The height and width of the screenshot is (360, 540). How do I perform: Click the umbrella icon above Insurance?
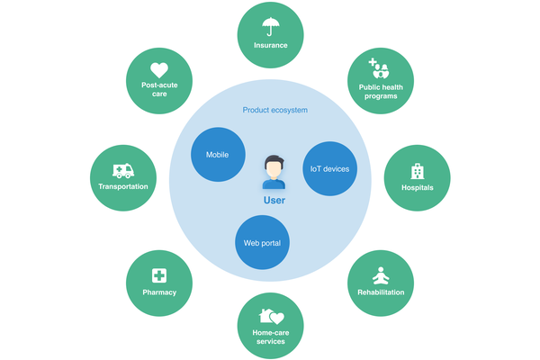click(x=270, y=26)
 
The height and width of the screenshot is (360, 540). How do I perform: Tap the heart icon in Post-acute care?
click(x=159, y=68)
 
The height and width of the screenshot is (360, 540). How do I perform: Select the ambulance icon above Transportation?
click(x=122, y=170)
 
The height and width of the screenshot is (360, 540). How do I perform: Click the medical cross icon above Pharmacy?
click(x=159, y=275)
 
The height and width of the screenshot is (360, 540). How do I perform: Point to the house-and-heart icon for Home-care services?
click(x=270, y=316)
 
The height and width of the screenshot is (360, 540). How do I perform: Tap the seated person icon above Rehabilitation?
click(x=380, y=274)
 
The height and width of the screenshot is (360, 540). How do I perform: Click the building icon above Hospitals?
click(x=418, y=170)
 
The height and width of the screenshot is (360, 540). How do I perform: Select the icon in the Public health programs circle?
click(x=380, y=68)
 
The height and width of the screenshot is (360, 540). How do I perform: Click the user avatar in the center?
click(x=274, y=171)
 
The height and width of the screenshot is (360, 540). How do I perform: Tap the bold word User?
click(x=274, y=201)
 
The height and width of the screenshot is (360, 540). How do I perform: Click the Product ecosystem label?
click(x=275, y=110)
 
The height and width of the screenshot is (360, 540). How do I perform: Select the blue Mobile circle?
click(x=217, y=154)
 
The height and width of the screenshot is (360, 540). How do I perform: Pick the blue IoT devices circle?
click(x=329, y=168)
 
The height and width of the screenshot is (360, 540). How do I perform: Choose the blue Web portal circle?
click(x=261, y=243)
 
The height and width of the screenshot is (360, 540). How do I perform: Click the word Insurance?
click(x=270, y=45)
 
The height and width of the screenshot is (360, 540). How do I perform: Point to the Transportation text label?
click(x=122, y=187)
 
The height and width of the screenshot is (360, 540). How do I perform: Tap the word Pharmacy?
click(x=159, y=292)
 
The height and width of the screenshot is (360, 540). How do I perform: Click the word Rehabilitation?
click(x=380, y=292)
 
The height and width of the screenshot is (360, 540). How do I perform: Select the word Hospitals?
click(x=418, y=188)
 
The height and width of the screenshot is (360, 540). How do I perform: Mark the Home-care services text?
click(x=270, y=337)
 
